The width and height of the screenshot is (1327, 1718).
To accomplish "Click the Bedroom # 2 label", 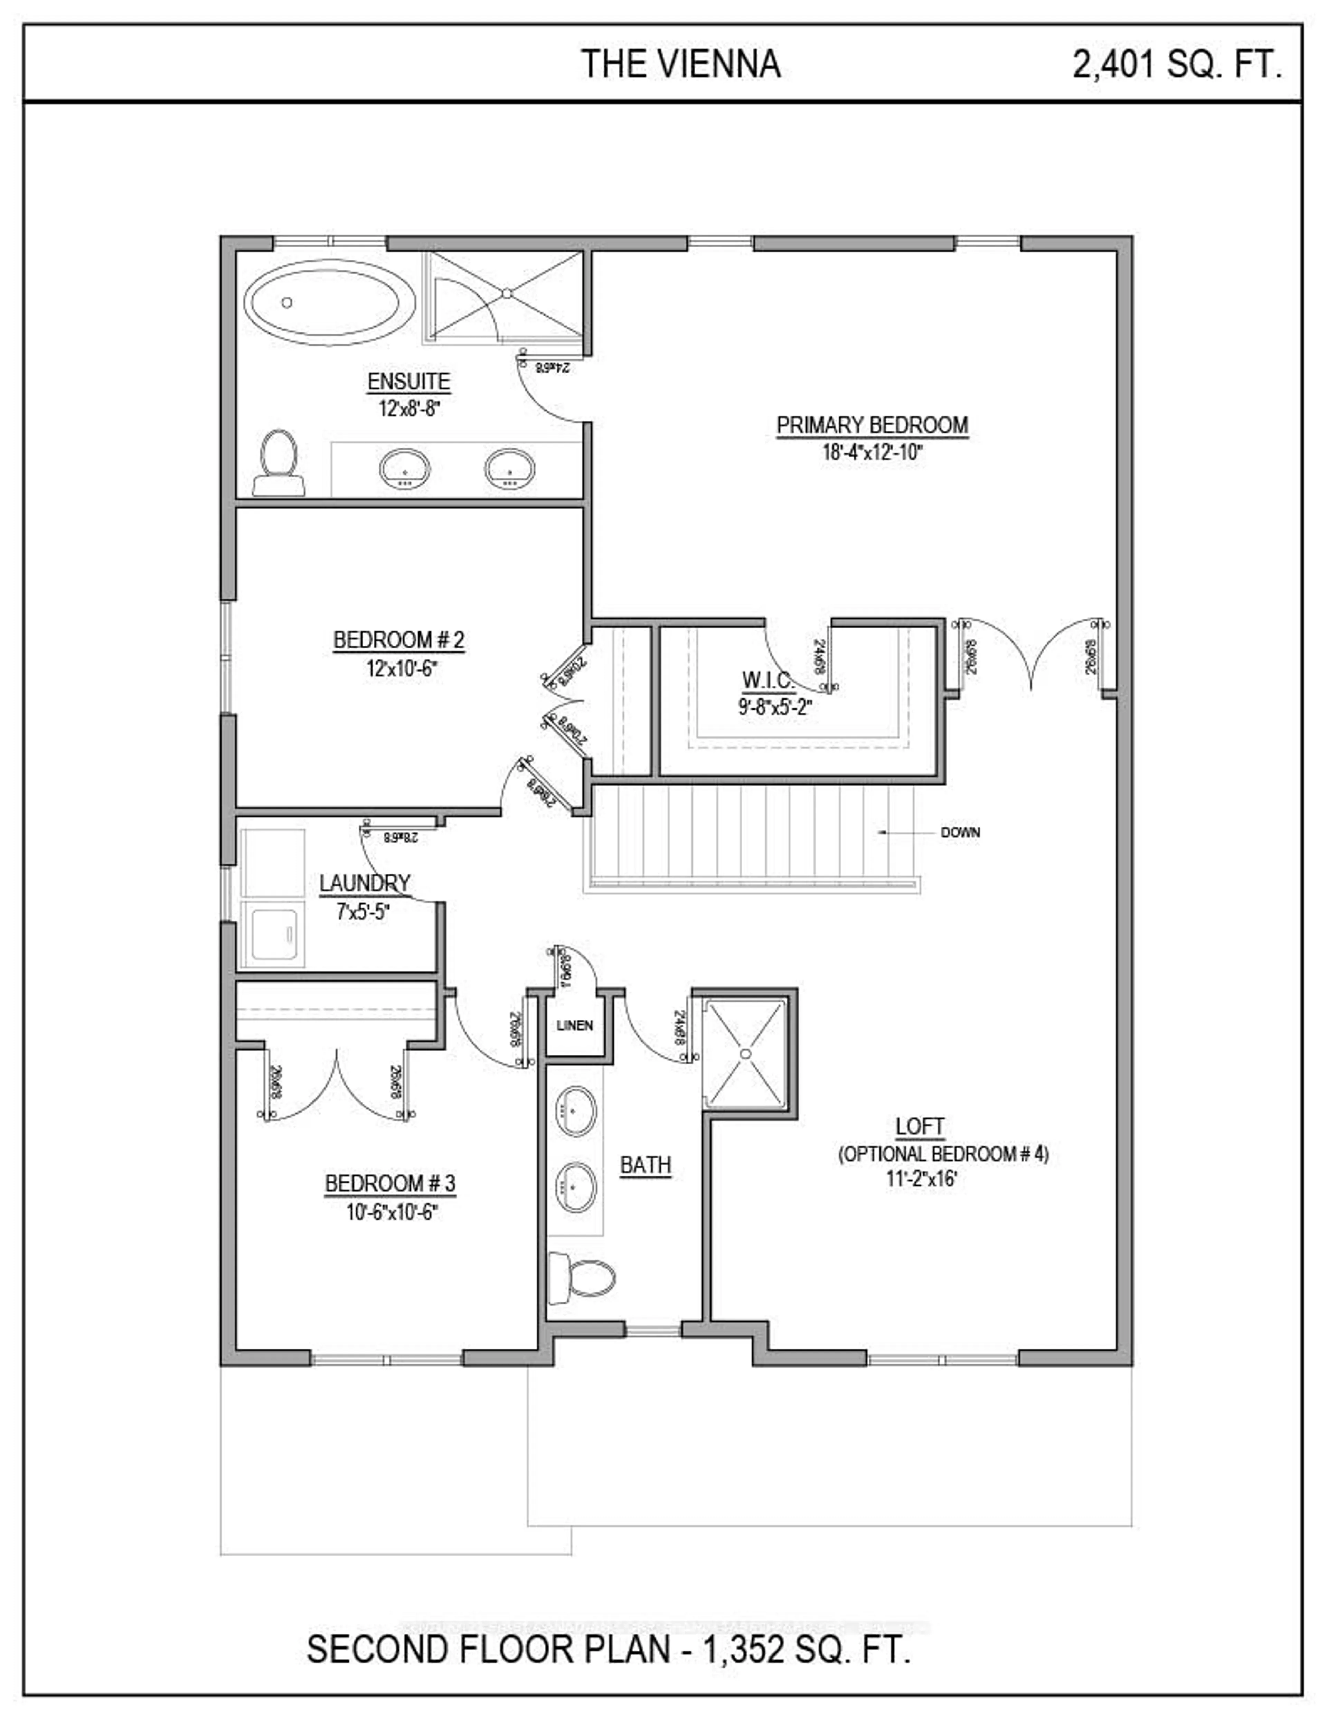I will (399, 640).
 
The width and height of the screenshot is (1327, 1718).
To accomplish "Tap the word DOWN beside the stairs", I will (960, 832).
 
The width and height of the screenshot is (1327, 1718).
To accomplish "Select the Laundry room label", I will (364, 883).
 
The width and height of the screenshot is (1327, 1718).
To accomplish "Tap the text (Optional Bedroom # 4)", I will (943, 1154).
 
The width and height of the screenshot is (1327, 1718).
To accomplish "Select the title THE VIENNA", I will (680, 64).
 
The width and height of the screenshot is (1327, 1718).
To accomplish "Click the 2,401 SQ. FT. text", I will (1177, 64).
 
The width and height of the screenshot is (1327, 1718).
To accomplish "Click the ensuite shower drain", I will (507, 293).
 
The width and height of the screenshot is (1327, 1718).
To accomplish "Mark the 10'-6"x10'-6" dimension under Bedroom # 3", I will (391, 1212).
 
